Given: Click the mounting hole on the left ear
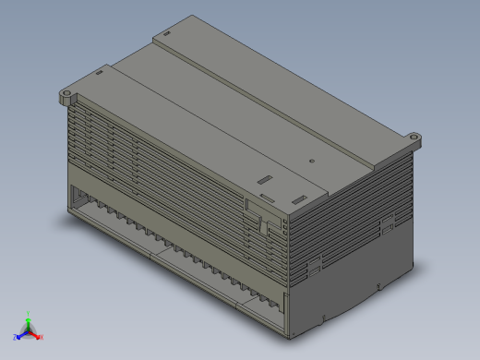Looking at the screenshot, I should [67, 94].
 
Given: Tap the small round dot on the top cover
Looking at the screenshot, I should [312, 162].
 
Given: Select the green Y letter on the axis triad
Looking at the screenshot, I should [29, 313].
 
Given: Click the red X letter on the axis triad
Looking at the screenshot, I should [42, 337].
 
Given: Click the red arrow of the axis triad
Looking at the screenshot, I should [36, 335].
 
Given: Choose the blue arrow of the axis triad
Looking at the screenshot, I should [20, 335].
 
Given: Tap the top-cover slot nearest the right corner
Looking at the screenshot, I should [298, 199].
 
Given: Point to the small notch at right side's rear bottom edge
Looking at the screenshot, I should [381, 285].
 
